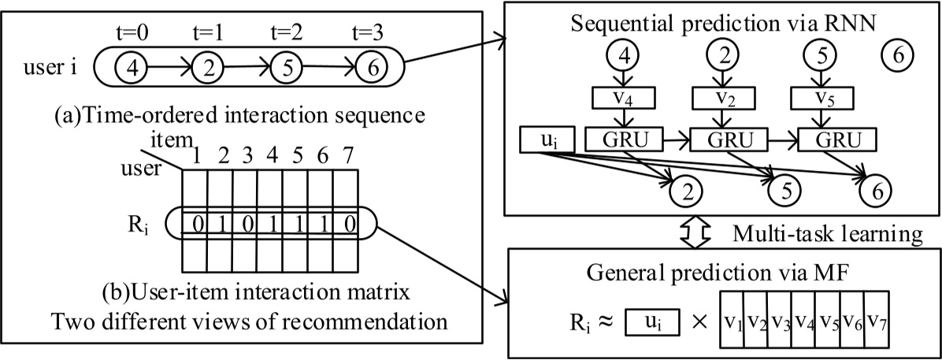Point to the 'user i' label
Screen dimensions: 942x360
click(x=50, y=67)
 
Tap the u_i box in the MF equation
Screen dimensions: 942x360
click(x=652, y=322)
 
